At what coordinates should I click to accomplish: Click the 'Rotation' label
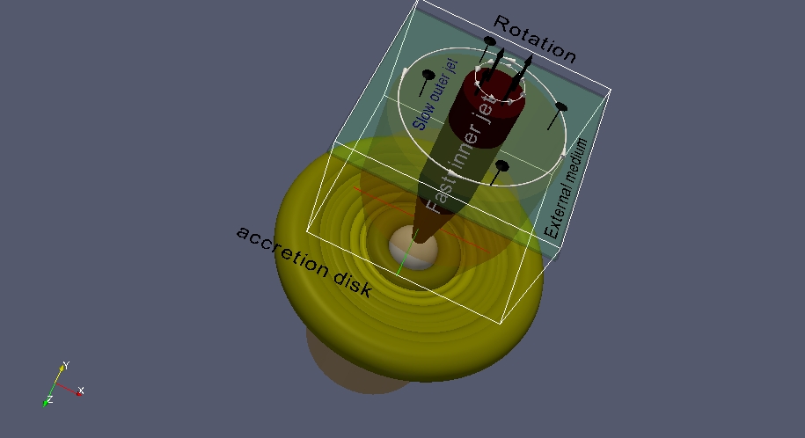pos(534,39)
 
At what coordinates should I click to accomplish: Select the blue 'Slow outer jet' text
pos(435,94)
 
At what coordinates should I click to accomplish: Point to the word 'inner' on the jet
pos(465,149)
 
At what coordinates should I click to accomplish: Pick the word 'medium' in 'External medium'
pos(579,158)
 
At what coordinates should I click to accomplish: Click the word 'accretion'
pos(283,250)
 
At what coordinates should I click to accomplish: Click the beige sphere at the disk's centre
pos(413,248)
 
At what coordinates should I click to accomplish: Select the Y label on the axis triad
pos(66,366)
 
